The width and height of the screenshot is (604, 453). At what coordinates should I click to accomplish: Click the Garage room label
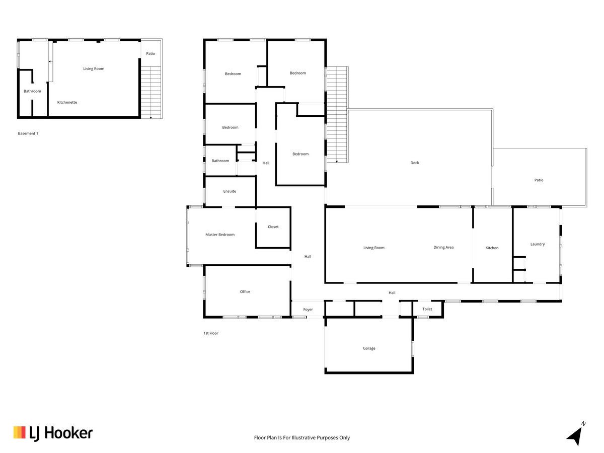[369, 348]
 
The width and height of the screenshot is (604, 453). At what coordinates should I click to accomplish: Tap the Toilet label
[427, 309]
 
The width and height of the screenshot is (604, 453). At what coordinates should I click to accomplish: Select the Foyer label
[308, 310]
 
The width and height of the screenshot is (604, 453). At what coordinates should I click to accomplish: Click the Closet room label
[273, 226]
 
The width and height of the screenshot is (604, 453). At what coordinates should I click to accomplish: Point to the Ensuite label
[230, 191]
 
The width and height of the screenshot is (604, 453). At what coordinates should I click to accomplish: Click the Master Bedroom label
[220, 235]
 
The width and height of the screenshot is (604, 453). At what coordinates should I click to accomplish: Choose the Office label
[245, 291]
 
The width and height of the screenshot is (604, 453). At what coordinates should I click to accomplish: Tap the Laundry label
[538, 244]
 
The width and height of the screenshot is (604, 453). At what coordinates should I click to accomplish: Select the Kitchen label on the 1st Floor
[492, 248]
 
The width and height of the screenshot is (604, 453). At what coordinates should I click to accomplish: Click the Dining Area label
[443, 247]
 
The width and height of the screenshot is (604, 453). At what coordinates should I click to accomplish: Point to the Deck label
[414, 163]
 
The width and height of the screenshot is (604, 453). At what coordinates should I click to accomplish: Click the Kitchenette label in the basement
[67, 102]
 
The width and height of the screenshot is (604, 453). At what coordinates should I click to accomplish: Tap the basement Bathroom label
[32, 91]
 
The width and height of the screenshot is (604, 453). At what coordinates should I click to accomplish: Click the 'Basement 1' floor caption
[28, 133]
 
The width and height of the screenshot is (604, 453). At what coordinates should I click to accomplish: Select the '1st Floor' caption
[211, 333]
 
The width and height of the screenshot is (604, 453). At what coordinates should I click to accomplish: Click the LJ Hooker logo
[53, 433]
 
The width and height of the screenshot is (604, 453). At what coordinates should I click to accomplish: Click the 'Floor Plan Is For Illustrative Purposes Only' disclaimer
[302, 437]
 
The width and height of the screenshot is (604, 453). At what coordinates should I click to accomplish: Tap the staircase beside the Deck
[337, 114]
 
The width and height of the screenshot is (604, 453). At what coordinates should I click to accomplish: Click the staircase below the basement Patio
[151, 93]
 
